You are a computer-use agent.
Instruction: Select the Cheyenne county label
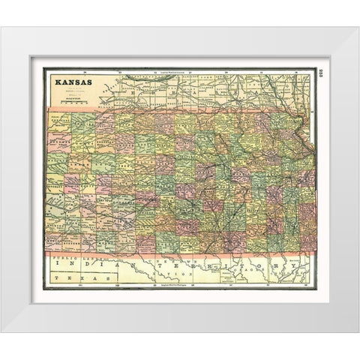(60, 119)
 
